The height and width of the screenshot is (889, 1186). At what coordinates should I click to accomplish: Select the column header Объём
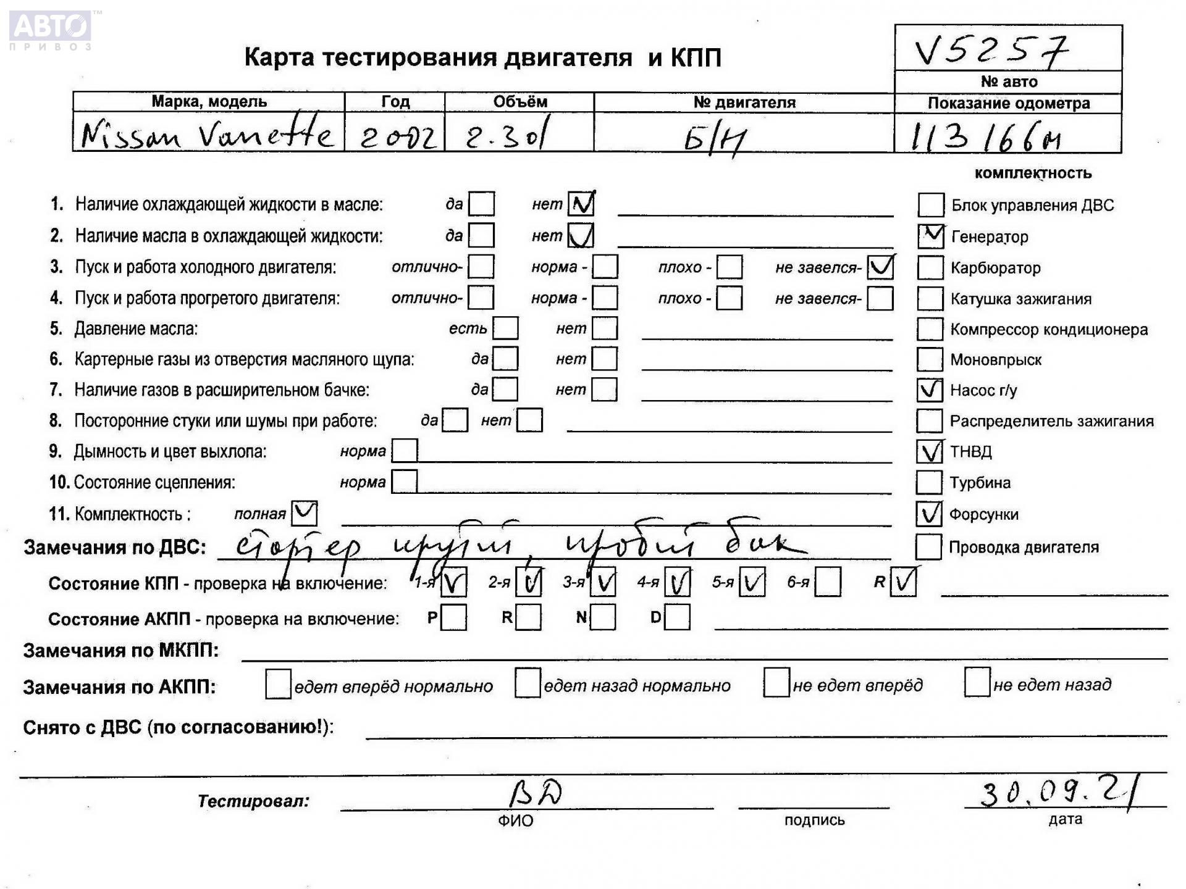pyautogui.click(x=519, y=102)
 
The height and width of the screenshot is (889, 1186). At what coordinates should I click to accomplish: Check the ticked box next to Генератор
pyautogui.click(x=930, y=236)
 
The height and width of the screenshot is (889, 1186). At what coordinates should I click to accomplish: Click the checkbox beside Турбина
pyautogui.click(x=929, y=483)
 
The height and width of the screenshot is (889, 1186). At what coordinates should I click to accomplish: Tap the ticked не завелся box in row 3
pyautogui.click(x=880, y=267)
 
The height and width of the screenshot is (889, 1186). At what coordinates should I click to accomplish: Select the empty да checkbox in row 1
pyautogui.click(x=481, y=204)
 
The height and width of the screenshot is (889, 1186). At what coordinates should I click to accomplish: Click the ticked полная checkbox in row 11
pyautogui.click(x=304, y=513)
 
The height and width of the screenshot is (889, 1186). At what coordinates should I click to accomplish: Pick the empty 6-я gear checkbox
pyautogui.click(x=827, y=582)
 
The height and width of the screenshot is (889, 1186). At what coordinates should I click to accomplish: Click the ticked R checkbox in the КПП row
pyautogui.click(x=903, y=582)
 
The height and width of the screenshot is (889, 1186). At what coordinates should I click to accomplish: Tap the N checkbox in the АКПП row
pyautogui.click(x=603, y=617)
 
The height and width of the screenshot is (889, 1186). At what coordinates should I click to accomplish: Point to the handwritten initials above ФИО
pyautogui.click(x=535, y=794)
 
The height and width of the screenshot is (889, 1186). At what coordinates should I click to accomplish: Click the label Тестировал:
pyautogui.click(x=253, y=801)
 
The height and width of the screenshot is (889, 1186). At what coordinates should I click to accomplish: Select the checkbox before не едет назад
pyautogui.click(x=977, y=683)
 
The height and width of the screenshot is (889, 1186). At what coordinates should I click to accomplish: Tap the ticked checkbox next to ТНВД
pyautogui.click(x=929, y=452)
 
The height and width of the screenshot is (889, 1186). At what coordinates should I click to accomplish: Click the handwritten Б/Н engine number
pyautogui.click(x=715, y=140)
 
